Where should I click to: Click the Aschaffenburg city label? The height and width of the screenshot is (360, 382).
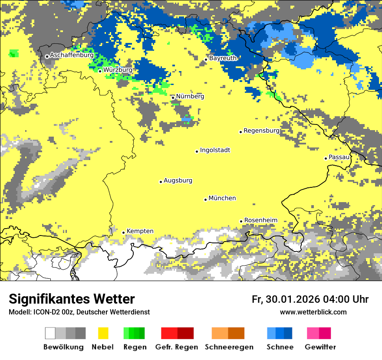point(72,56)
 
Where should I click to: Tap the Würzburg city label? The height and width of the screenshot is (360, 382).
point(118,70)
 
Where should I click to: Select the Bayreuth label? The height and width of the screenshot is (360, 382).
point(223,58)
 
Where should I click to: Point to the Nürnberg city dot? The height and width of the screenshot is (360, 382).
point(173,98)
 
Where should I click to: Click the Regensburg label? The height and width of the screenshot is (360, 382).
point(261,131)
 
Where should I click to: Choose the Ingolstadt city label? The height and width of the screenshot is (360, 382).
point(215,150)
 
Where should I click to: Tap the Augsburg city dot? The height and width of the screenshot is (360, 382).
point(161,182)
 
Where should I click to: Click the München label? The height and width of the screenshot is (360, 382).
point(222,198)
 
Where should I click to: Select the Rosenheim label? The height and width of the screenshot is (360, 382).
point(260,220)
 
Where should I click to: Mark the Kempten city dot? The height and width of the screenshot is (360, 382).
point(123,232)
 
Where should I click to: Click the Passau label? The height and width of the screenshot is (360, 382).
point(339,157)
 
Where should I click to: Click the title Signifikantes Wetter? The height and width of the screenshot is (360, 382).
point(72,299)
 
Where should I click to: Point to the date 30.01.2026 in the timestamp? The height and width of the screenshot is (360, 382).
point(291,299)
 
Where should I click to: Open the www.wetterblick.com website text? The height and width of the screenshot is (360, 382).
point(313,312)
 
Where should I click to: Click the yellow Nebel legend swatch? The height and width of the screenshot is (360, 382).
point(103,333)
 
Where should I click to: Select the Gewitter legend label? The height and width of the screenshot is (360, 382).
point(320,347)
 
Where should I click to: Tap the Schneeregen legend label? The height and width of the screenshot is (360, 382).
point(229,347)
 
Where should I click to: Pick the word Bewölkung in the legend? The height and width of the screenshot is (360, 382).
point(63,347)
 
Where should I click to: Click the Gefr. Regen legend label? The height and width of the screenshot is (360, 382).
point(177,347)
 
